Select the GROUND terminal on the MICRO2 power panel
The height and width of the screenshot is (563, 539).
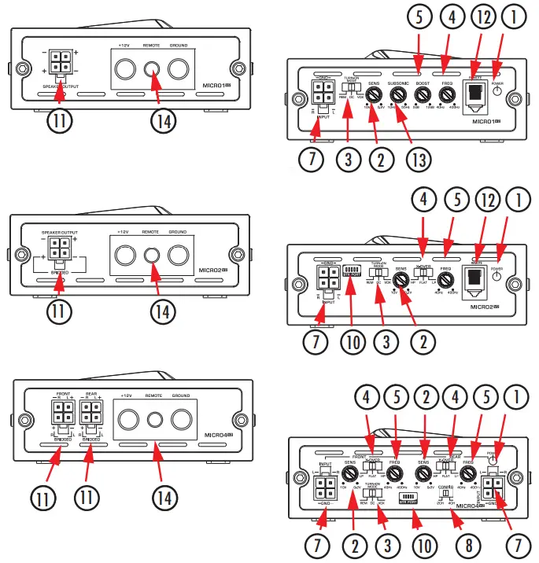(x=179, y=255)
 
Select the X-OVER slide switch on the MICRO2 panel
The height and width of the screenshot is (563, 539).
(x=426, y=277)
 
